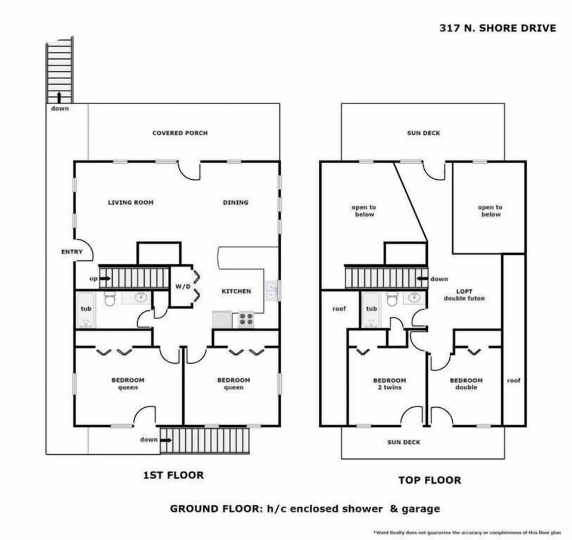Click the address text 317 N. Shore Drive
tap(497, 28)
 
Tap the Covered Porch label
tap(180, 133)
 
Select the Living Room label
tap(130, 202)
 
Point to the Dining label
tap(235, 202)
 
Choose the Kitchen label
tap(236, 291)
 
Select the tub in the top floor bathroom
tap(371, 309)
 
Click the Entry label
tap(72, 252)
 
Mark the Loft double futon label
tap(464, 294)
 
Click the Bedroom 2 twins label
tap(389, 384)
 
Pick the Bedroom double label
tap(466, 384)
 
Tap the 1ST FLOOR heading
tap(173, 475)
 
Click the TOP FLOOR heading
tap(429, 480)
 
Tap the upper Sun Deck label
tap(424, 133)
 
